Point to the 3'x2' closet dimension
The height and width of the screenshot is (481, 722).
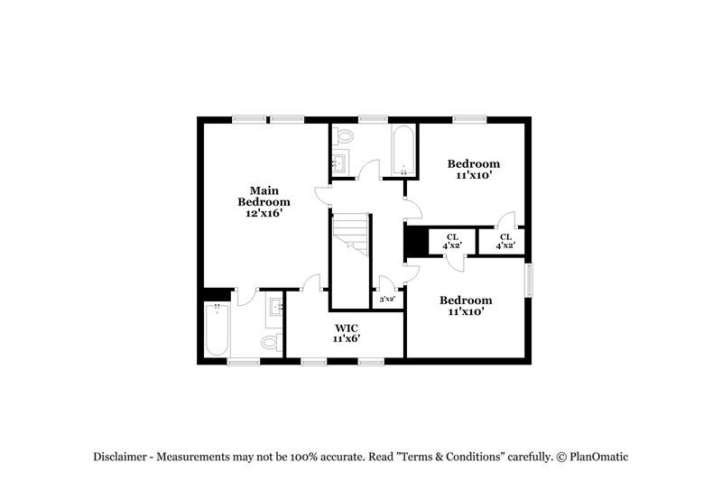(387, 299)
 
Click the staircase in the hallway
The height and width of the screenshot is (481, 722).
(350, 234)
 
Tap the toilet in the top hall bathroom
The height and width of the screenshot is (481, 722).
(343, 137)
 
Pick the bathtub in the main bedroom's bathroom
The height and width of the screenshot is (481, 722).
(216, 331)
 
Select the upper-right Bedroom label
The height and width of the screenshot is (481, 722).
(474, 163)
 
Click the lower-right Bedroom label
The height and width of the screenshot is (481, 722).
(466, 300)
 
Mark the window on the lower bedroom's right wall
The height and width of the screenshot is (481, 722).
(529, 279)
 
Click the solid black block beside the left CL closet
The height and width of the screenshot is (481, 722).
(415, 242)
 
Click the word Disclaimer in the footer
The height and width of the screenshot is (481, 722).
(124, 457)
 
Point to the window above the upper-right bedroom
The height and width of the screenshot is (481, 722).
(469, 117)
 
